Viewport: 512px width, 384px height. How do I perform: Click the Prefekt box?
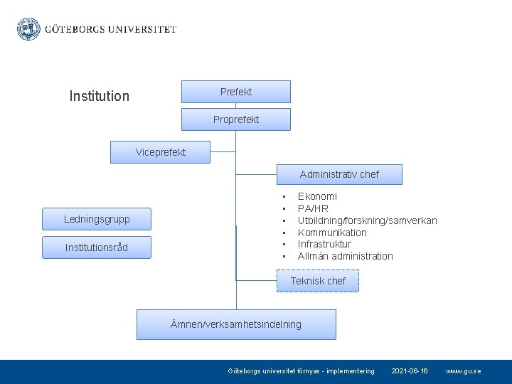click(236, 92)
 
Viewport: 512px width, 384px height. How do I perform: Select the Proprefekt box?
click(236, 119)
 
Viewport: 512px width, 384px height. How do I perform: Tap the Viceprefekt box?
click(161, 152)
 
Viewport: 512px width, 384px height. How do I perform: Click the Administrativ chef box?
click(339, 174)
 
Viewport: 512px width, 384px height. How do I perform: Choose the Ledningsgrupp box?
click(97, 219)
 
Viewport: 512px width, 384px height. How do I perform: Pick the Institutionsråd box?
click(97, 247)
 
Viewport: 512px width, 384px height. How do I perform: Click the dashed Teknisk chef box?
click(318, 281)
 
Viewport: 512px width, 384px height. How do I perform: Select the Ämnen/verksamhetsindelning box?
click(236, 324)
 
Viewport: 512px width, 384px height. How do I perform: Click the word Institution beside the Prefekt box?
click(100, 96)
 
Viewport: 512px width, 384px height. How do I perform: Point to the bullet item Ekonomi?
click(317, 196)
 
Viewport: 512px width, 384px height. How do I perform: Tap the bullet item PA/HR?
click(313, 208)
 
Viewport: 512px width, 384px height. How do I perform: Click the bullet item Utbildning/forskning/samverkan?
click(367, 220)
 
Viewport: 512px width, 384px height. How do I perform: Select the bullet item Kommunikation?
click(332, 233)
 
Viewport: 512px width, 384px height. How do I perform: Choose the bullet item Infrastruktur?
click(324, 244)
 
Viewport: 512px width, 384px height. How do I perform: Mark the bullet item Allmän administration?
click(345, 256)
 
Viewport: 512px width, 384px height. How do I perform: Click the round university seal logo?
click(28, 29)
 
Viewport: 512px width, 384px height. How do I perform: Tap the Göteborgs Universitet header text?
click(110, 30)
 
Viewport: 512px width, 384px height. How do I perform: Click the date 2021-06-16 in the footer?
click(410, 371)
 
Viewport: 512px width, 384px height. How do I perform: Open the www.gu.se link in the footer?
click(463, 371)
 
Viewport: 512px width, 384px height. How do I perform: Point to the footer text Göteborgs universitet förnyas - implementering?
click(301, 371)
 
